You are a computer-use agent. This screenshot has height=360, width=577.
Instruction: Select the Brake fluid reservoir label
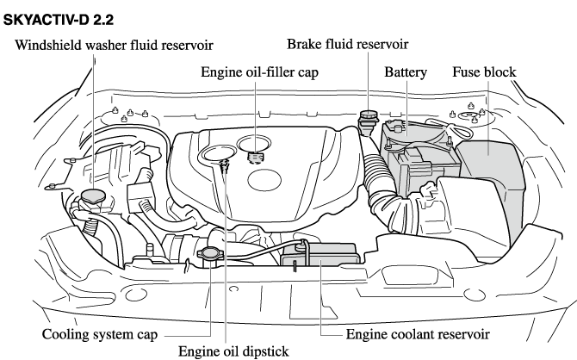coord(347,43)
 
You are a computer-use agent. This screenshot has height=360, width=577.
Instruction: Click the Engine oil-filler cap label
coord(259,72)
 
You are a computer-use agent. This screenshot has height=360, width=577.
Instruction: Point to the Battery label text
coord(406,72)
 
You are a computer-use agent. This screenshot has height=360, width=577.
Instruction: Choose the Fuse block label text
coord(484,72)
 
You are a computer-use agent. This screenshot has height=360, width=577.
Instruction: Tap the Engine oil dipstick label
coord(231,351)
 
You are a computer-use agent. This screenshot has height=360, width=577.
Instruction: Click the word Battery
coord(406,72)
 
